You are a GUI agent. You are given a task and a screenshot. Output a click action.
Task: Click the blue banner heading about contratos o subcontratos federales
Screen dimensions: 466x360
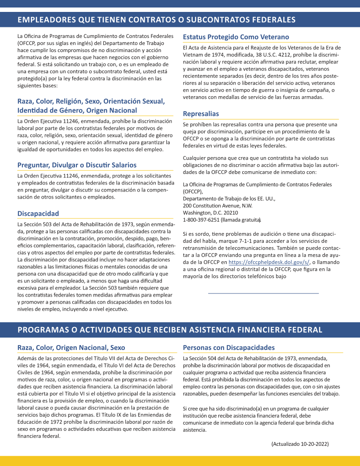[x=156, y=20]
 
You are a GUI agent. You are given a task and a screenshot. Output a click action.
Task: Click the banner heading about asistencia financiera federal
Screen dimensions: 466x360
[x=170, y=330]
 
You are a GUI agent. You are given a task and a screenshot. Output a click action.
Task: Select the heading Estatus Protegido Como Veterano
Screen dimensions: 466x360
[x=236, y=37]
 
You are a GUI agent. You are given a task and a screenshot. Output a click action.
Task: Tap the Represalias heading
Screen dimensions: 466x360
[x=201, y=114]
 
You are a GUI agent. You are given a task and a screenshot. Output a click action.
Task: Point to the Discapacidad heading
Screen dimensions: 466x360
[x=38, y=214]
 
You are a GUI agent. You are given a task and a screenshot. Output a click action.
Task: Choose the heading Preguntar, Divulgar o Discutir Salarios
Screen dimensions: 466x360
[x=77, y=165]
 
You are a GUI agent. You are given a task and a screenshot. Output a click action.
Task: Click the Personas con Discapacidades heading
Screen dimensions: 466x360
[x=229, y=348]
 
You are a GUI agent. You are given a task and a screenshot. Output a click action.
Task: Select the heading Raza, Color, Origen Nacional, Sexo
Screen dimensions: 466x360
[x=71, y=348]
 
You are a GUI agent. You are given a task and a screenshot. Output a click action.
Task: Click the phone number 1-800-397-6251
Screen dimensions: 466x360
[x=201, y=219]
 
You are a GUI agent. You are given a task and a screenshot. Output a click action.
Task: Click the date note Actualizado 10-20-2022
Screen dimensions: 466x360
[x=300, y=443]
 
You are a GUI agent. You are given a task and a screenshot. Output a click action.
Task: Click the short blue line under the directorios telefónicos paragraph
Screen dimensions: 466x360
[x=263, y=293]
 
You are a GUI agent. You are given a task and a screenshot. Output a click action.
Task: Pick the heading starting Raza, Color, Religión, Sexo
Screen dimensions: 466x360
[x=91, y=105]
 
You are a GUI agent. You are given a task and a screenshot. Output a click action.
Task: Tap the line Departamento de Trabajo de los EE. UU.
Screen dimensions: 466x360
[x=229, y=199]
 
